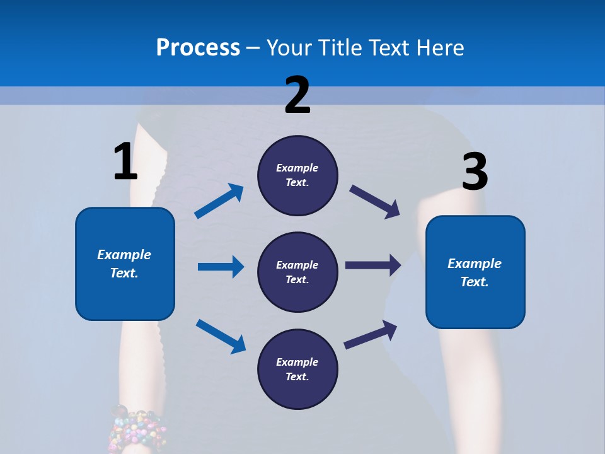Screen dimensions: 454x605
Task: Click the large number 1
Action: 125,161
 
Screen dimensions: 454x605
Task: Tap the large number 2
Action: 297,95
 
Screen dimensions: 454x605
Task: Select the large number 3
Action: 475,172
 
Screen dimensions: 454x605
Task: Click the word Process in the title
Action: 198,47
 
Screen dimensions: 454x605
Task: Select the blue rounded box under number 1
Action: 125,264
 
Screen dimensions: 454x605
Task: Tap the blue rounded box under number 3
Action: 475,272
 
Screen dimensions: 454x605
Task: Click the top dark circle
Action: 297,175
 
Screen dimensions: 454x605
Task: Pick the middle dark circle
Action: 297,272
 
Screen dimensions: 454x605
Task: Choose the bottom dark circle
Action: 297,369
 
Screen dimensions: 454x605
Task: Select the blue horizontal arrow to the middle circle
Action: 221,267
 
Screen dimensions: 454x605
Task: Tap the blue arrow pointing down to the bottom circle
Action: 221,335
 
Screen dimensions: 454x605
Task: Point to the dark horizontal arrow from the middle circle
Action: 373,265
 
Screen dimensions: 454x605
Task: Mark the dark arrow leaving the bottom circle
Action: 371,335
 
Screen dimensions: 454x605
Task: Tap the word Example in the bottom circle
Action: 297,362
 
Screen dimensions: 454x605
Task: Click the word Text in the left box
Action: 124,273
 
